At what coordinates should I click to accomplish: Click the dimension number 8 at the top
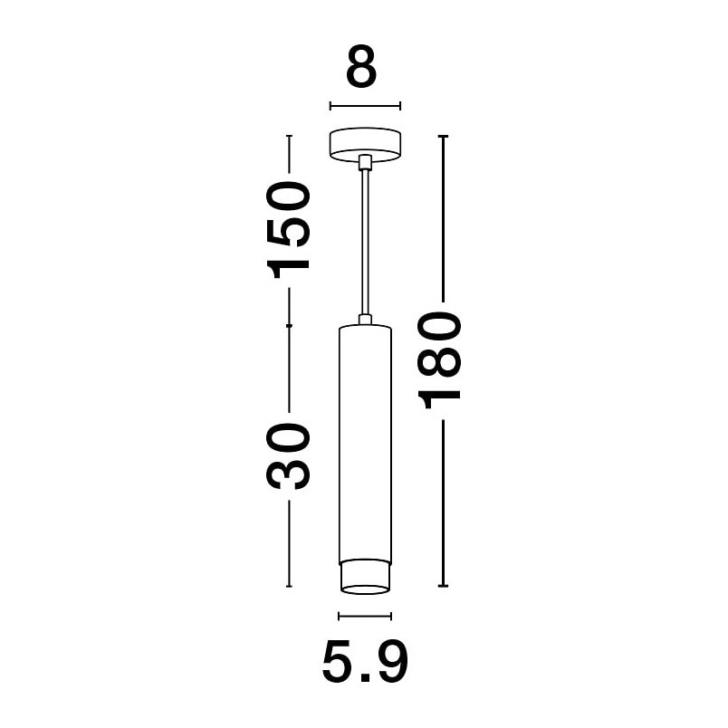(x=361, y=66)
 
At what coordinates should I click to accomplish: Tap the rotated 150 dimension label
(x=288, y=230)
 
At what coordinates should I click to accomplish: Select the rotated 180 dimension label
(x=439, y=360)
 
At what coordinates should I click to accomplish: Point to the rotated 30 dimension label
(x=288, y=456)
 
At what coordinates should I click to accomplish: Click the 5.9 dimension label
(x=365, y=661)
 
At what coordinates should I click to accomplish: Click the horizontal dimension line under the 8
(x=365, y=106)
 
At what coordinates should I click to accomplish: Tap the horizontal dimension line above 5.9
(x=365, y=616)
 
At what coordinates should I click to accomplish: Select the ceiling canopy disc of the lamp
(x=365, y=144)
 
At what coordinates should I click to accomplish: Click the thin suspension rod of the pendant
(x=365, y=243)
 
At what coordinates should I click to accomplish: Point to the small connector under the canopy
(x=365, y=162)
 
